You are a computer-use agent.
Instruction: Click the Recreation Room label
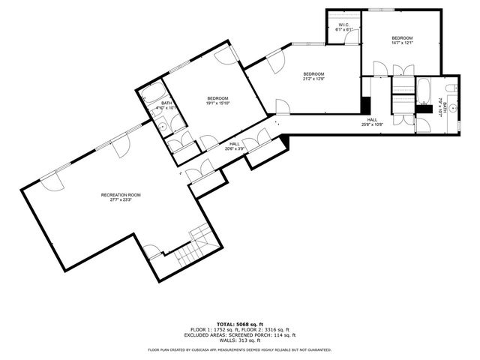121,195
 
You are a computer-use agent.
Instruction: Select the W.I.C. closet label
344,25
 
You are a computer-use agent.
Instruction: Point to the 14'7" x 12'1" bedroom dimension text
402,43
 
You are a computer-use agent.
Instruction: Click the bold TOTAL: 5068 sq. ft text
239,323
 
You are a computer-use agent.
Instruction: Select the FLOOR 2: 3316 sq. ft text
261,329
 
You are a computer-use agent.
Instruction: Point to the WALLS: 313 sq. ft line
239,341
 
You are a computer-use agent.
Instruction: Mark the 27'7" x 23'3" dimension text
121,200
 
